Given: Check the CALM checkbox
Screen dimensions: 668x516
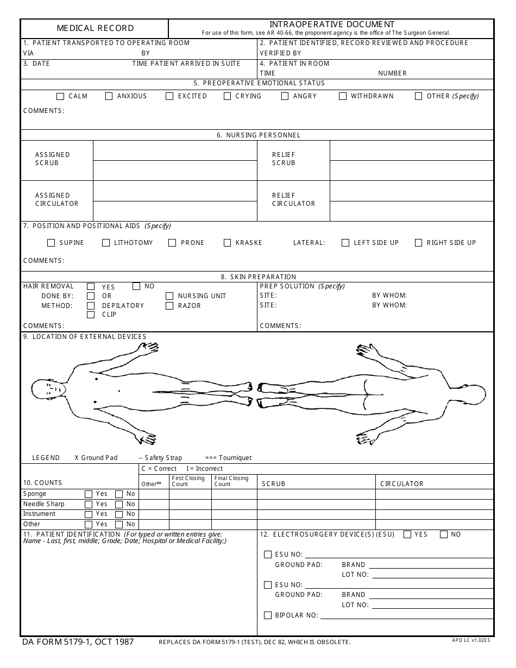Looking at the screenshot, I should coord(60,96).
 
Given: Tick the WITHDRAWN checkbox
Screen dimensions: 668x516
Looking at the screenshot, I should coord(343,96).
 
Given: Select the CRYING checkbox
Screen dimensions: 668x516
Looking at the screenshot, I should coord(228,96).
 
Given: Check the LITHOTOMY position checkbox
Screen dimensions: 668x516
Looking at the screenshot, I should coord(106,243).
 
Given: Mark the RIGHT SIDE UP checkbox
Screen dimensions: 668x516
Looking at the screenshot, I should coord(418,243).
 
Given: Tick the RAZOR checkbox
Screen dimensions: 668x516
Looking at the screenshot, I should coord(169,306).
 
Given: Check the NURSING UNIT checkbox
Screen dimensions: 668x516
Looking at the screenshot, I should coord(169,296).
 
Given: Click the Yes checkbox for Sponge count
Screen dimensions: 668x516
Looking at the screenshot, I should coord(89,494).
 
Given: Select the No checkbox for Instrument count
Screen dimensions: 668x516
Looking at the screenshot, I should coord(119,514).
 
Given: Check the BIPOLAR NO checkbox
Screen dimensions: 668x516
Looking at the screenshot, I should coord(267,615).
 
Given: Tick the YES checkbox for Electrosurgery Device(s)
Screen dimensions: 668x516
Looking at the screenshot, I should coord(407,534).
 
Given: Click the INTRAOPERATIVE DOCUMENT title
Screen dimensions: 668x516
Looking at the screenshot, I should coord(332,24).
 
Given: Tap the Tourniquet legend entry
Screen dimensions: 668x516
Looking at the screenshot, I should coord(228,458).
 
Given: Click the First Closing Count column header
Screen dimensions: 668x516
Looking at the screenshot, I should coord(188,481).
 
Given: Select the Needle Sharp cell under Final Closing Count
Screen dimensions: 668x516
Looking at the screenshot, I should coord(234,504).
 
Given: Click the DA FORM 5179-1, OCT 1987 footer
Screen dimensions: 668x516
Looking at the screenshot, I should coord(78,642).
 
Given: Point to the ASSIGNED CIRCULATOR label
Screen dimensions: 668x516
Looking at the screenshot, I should coord(56,199).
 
